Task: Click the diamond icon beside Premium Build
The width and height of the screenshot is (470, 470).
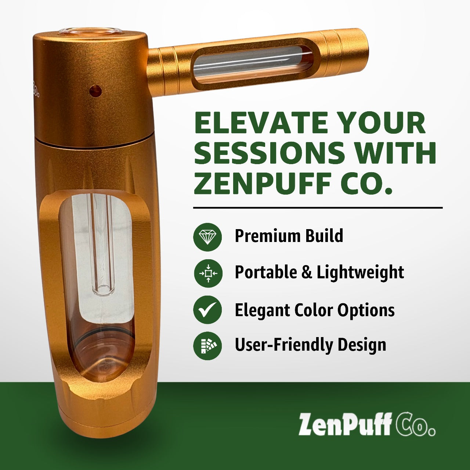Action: tap(207, 236)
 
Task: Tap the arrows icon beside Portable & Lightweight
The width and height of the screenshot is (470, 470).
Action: tap(208, 273)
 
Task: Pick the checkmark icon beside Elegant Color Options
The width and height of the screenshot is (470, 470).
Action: tap(207, 310)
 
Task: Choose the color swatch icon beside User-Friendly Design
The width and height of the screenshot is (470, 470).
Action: tap(207, 346)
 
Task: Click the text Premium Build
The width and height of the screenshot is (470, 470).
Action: tap(289, 236)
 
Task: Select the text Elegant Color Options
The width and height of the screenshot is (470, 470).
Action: tap(314, 310)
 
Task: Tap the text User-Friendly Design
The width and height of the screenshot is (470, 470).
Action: tap(310, 345)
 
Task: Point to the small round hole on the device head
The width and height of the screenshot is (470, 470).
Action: tap(96, 90)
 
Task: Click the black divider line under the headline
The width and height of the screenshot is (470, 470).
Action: tap(318, 208)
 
